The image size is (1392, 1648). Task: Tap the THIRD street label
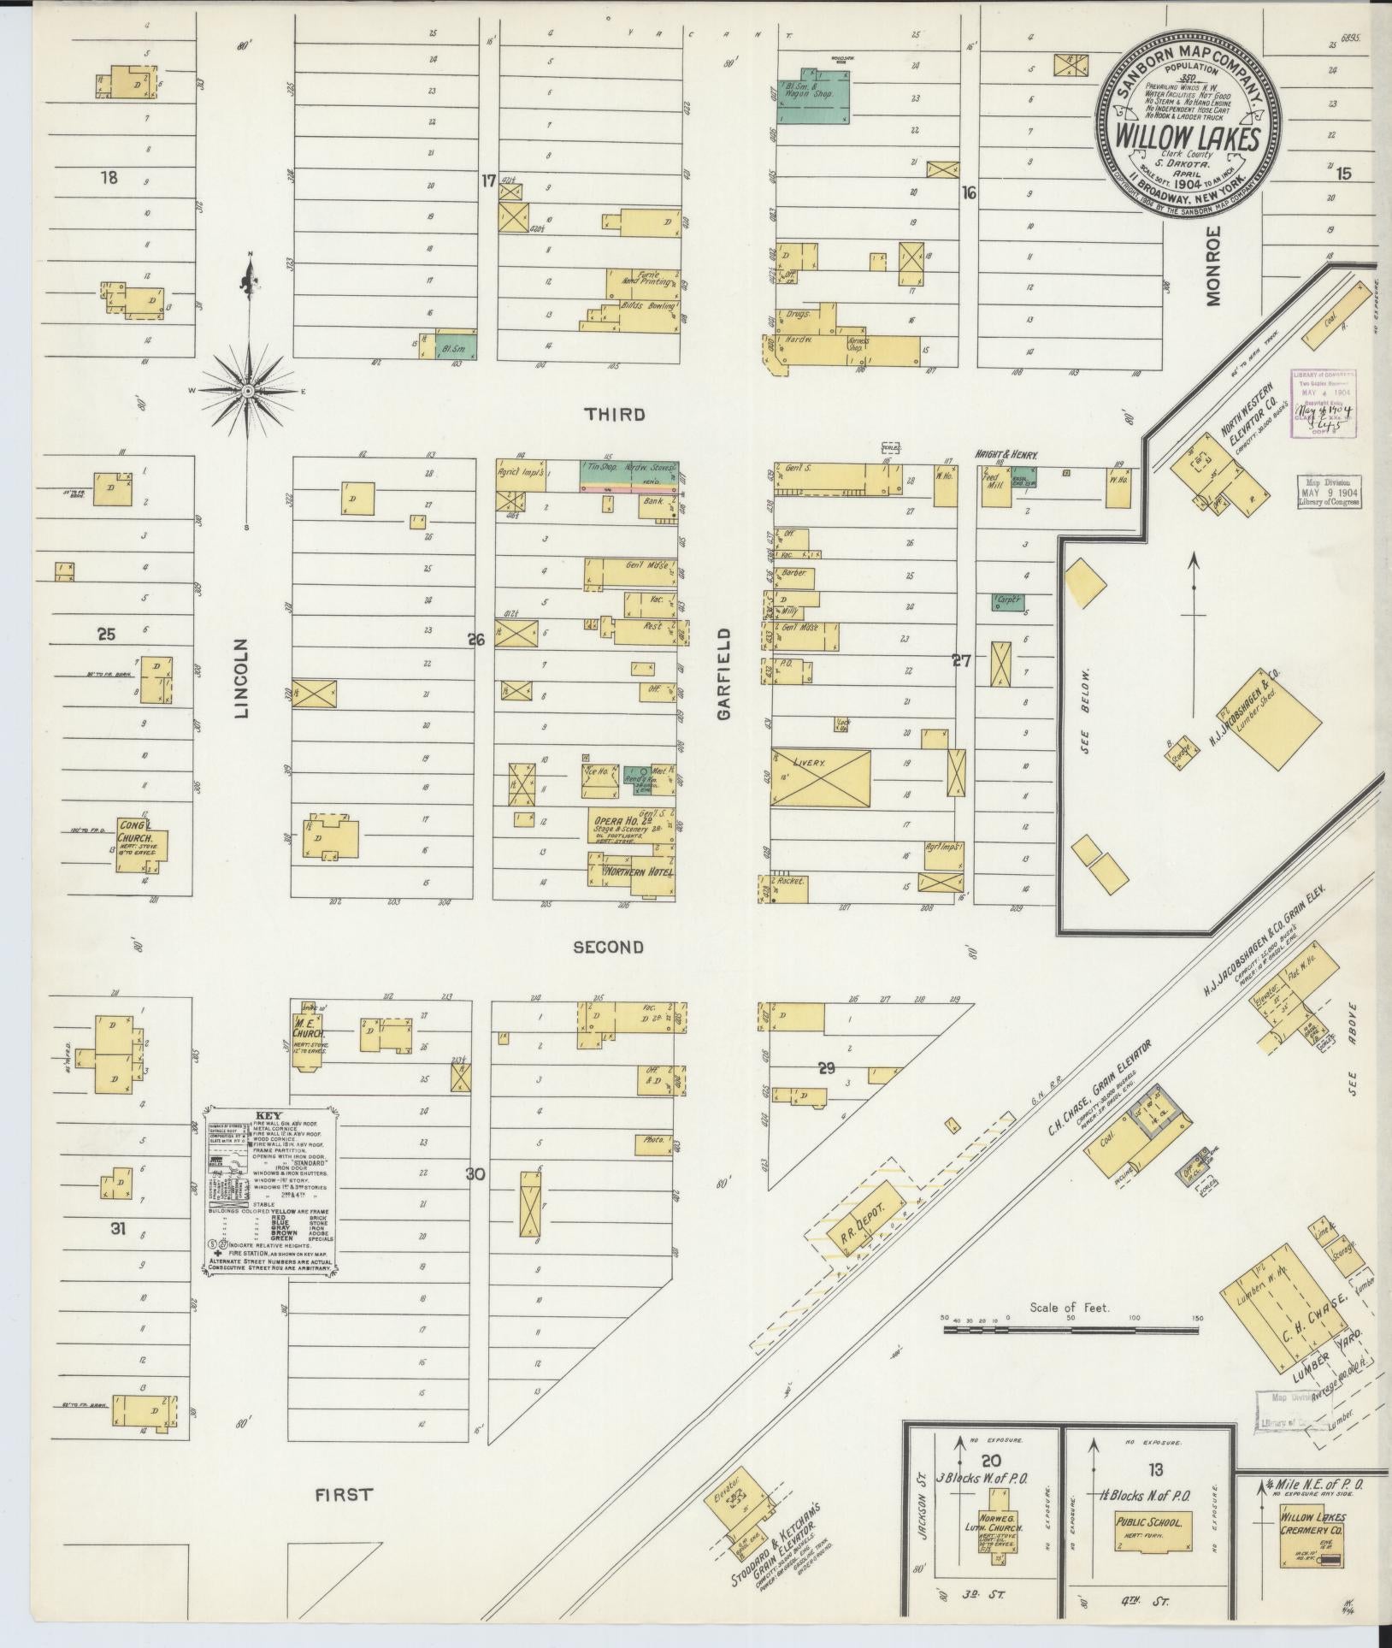tap(614, 415)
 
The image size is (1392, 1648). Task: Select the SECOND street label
tap(608, 947)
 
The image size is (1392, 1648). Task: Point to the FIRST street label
tap(344, 1495)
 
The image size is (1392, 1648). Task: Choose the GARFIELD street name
tap(726, 675)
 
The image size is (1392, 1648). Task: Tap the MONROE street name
tap(1215, 266)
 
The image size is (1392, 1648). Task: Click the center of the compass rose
tap(248, 391)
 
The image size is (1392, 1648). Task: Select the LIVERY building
tap(820, 777)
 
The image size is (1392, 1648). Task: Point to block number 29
tap(826, 1067)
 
